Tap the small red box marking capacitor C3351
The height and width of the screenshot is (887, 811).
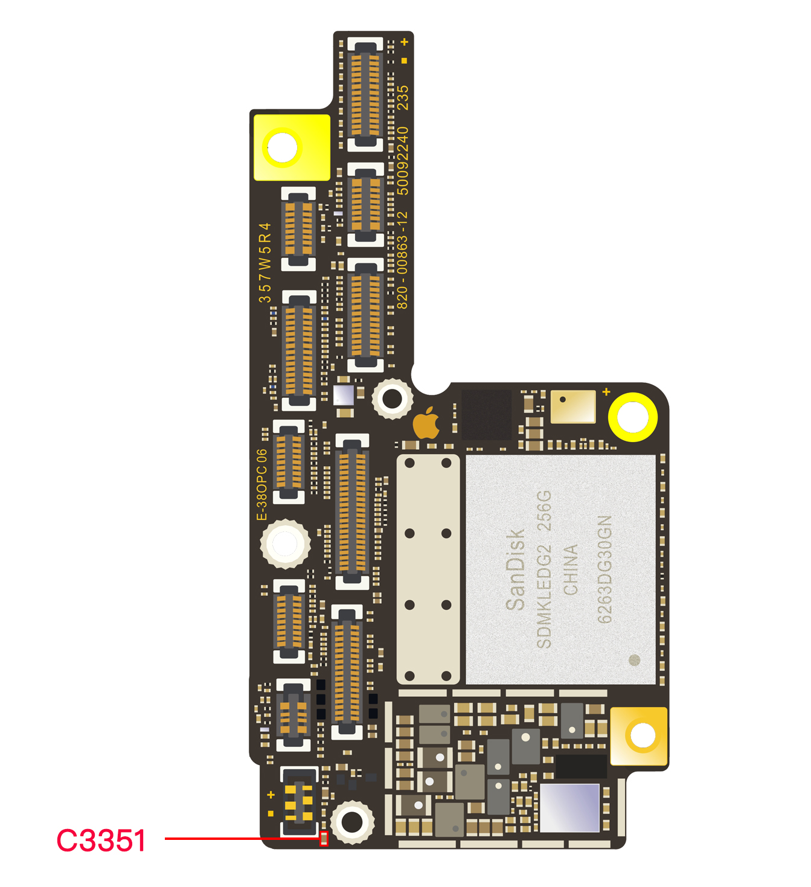324,839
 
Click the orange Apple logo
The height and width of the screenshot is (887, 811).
427,423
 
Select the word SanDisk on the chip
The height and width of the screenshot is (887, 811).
515,569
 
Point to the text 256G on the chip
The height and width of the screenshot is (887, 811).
544,511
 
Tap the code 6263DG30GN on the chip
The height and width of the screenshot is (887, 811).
604,569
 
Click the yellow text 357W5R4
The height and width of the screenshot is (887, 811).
264,263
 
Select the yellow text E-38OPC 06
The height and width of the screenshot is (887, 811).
262,485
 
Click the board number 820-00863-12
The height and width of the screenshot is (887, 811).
402,260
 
